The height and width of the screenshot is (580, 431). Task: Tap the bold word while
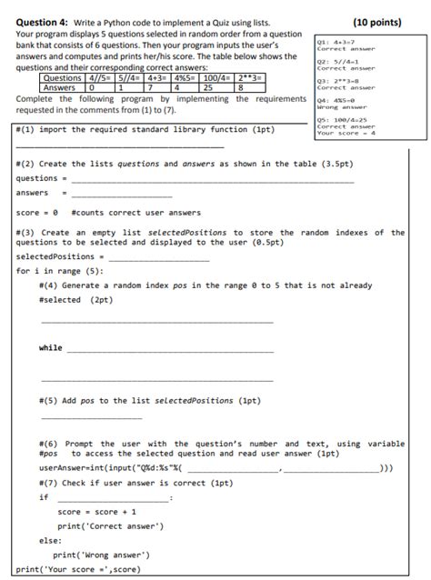pyautogui.click(x=51, y=348)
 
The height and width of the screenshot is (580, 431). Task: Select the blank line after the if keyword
pyautogui.click(x=114, y=498)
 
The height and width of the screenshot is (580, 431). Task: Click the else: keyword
pyautogui.click(x=50, y=540)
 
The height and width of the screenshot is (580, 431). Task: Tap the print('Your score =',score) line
pyautogui.click(x=78, y=568)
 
